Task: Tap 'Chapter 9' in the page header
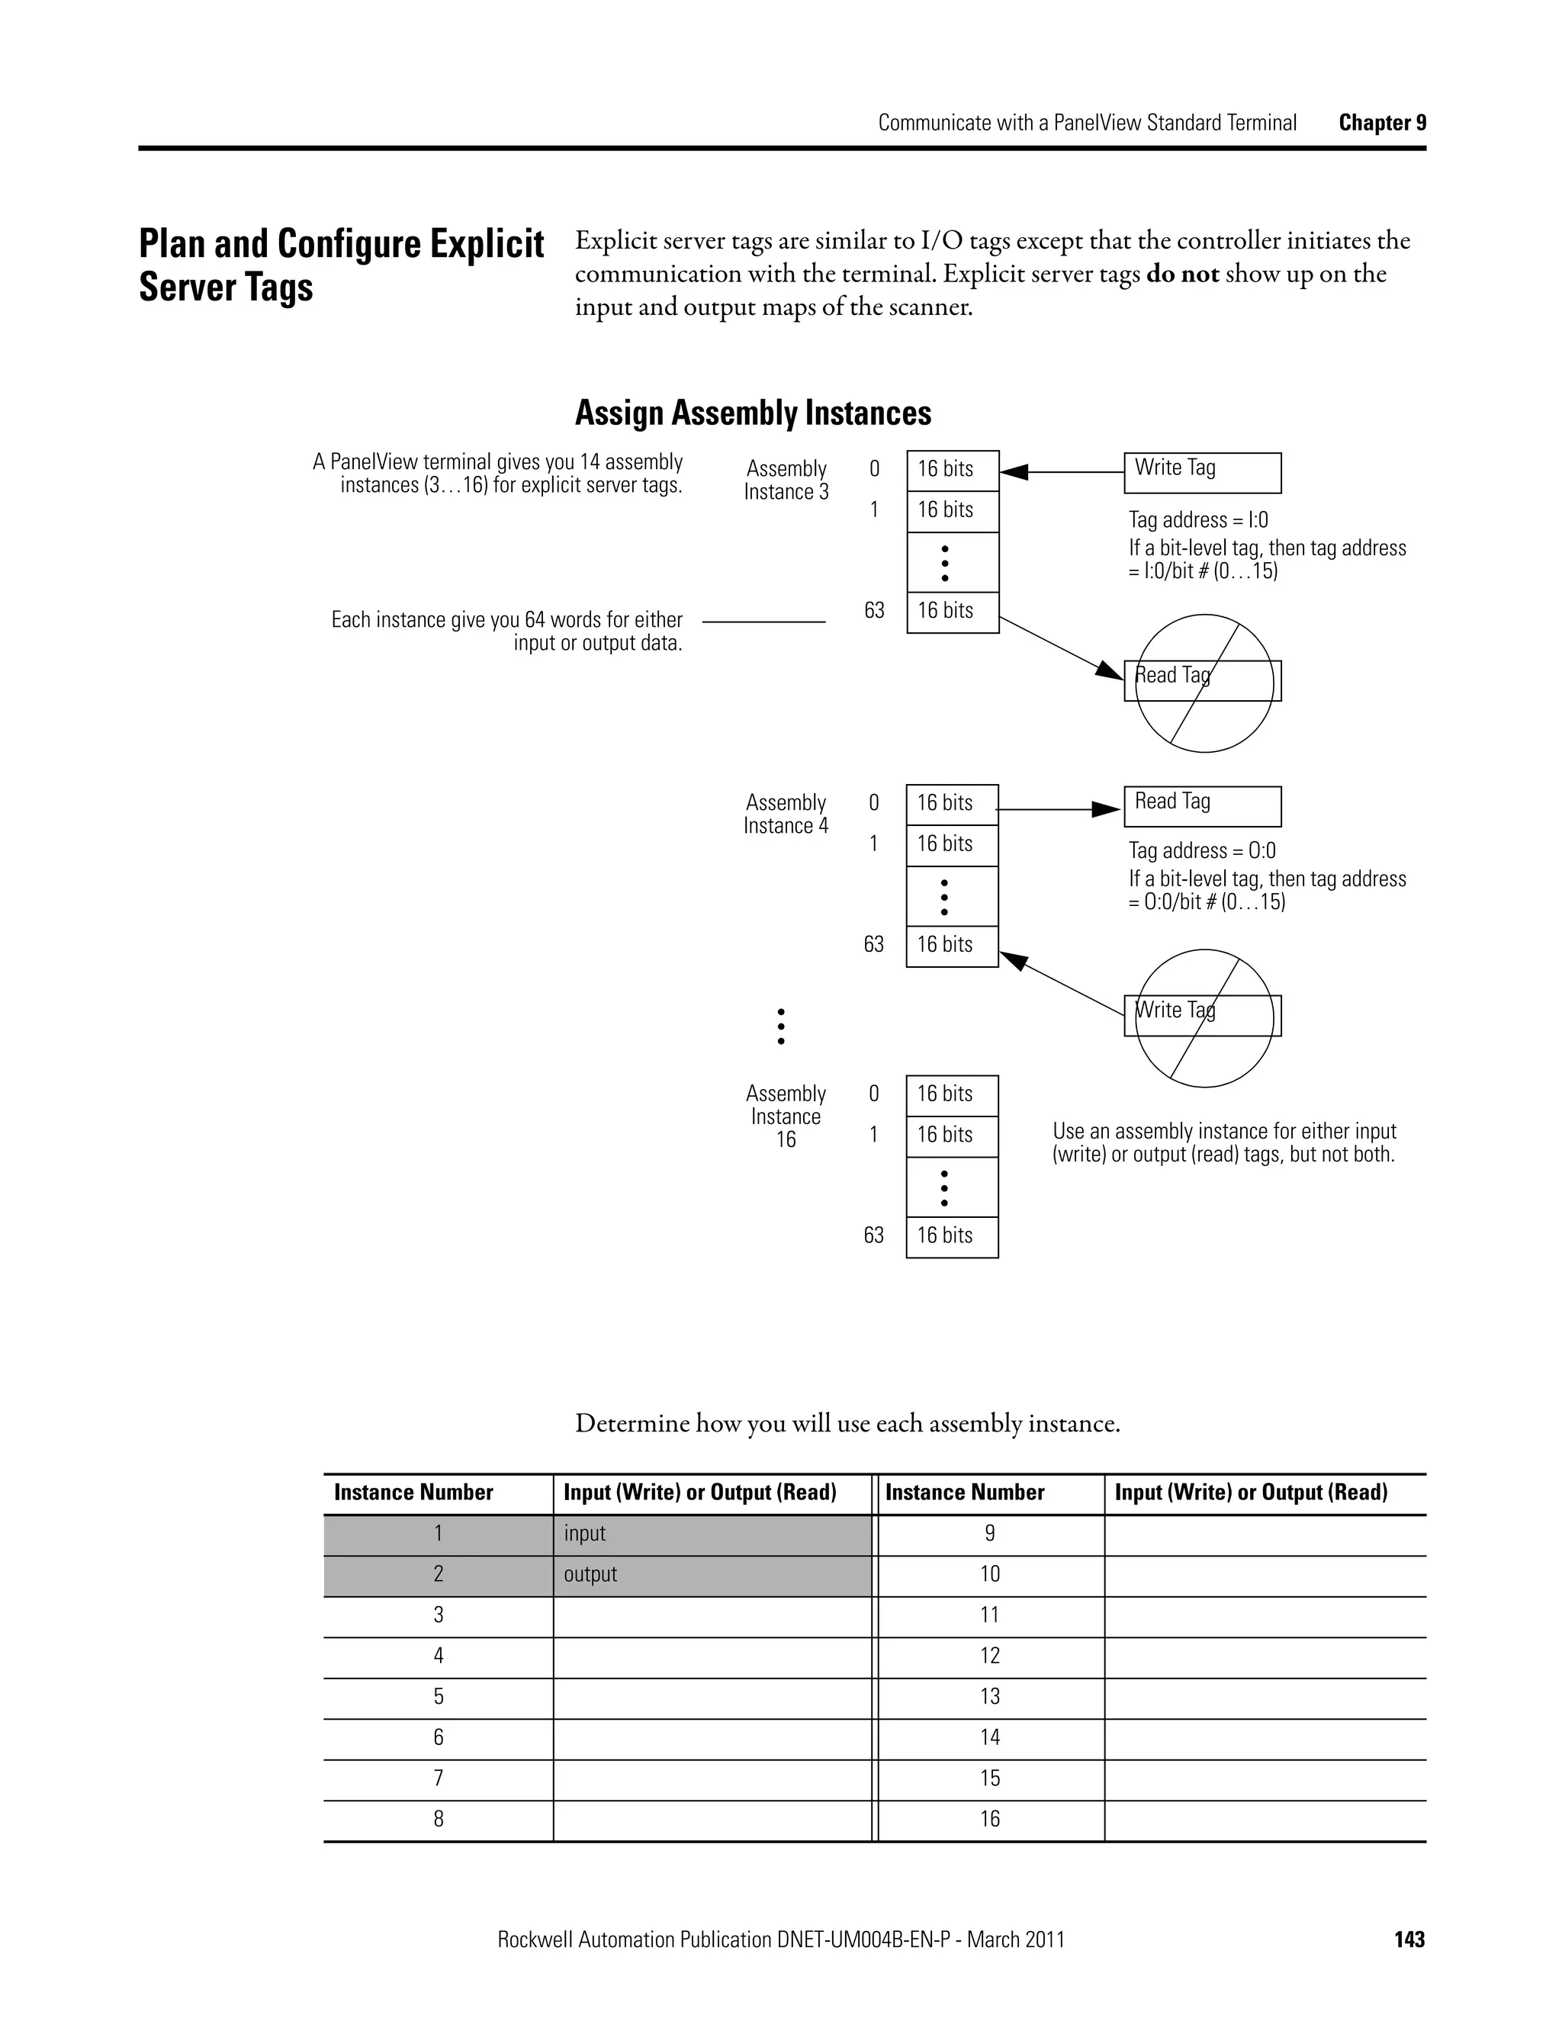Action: [1381, 123]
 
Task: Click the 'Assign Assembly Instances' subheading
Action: [752, 413]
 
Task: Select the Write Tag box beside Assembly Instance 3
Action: [1202, 472]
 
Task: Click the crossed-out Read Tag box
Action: [1202, 681]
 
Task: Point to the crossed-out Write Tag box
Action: [1202, 1015]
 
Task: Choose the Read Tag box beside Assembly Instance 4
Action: [1202, 806]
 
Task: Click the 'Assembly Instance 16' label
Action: [786, 1116]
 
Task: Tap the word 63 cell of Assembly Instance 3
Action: [952, 612]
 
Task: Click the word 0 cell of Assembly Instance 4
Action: [951, 804]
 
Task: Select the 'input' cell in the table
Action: [712, 1534]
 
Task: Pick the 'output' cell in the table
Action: [712, 1575]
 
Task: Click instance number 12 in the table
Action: [989, 1656]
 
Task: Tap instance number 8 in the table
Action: [438, 1819]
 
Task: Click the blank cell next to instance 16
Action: [1264, 1819]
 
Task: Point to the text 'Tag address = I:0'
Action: [1197, 520]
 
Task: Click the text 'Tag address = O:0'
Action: [1201, 850]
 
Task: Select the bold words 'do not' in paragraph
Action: [1181, 274]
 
